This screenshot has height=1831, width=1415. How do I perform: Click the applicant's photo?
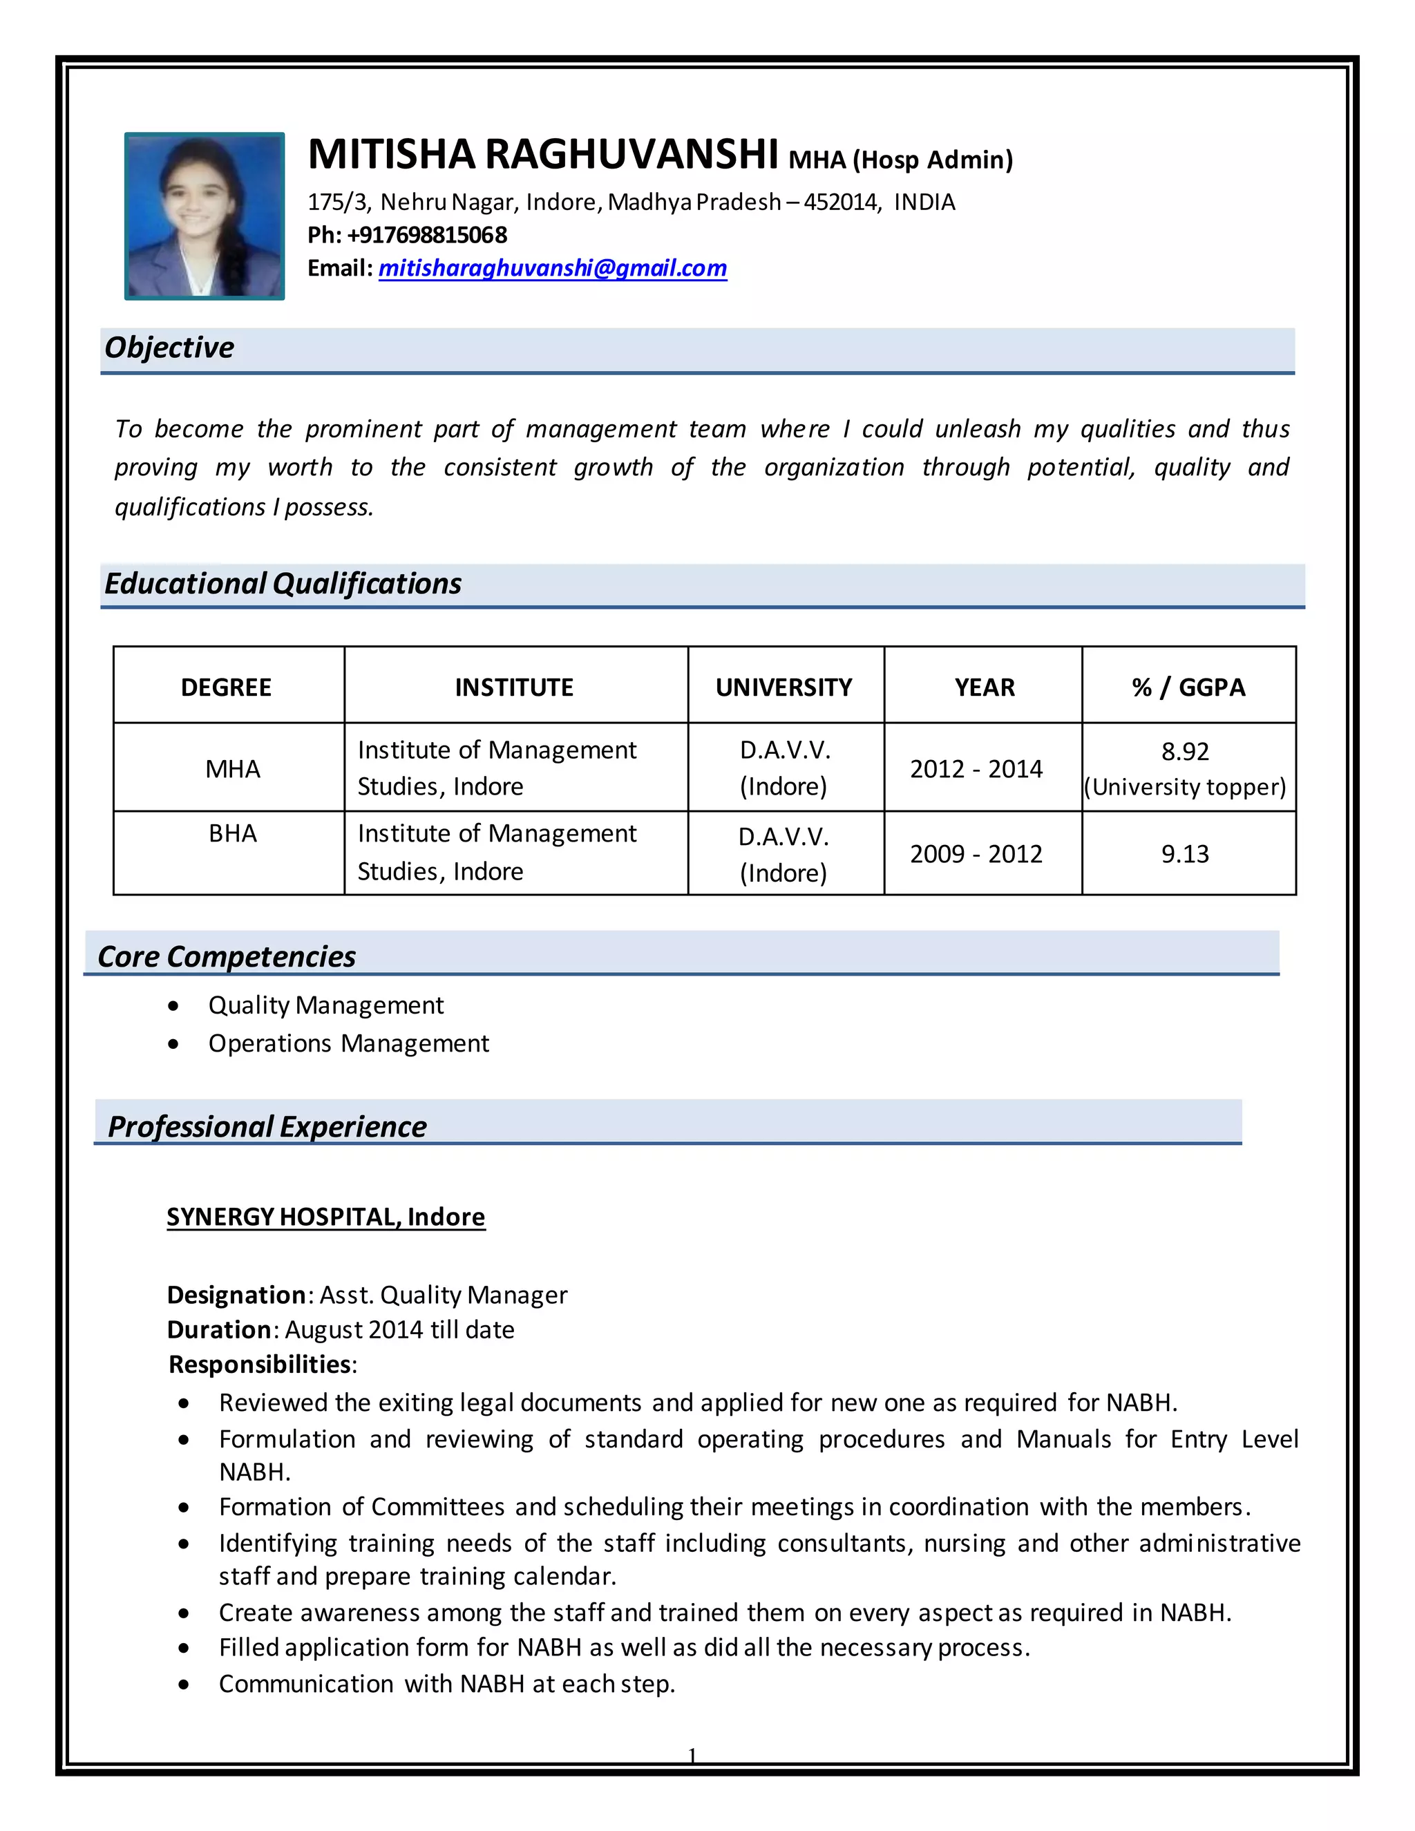click(x=204, y=216)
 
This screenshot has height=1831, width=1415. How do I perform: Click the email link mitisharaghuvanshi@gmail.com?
click(x=553, y=268)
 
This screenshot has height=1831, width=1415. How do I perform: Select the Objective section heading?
click(x=169, y=347)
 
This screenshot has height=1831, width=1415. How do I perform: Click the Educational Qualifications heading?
click(x=283, y=584)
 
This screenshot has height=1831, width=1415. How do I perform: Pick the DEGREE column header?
click(x=227, y=687)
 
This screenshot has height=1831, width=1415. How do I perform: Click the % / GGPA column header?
click(x=1188, y=687)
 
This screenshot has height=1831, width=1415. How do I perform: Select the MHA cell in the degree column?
click(x=232, y=769)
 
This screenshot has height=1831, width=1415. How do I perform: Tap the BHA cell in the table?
click(x=232, y=833)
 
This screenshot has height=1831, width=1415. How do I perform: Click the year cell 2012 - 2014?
click(x=976, y=769)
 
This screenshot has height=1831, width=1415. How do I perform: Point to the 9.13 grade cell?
click(x=1184, y=854)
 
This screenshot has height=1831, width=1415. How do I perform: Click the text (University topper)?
click(x=1184, y=787)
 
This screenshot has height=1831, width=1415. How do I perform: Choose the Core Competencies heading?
click(x=227, y=956)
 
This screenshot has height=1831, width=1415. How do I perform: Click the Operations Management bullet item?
click(x=349, y=1044)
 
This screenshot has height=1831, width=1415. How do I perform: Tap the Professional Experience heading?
click(x=267, y=1127)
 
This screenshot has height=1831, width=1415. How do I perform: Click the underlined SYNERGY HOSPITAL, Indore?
click(x=325, y=1217)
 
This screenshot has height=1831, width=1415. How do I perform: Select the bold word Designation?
click(x=236, y=1296)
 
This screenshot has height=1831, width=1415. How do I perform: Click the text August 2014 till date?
click(x=399, y=1329)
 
